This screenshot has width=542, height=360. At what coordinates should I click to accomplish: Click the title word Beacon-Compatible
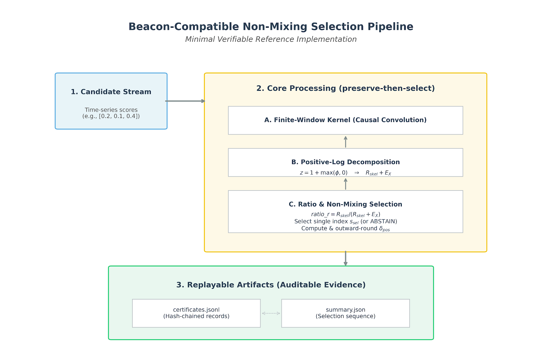(184, 27)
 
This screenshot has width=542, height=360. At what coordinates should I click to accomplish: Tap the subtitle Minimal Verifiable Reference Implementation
(271, 39)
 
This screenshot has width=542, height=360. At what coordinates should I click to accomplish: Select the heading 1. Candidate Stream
(111, 92)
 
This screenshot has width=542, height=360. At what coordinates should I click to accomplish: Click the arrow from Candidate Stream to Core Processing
(185, 101)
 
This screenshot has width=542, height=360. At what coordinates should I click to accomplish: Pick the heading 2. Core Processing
(345, 88)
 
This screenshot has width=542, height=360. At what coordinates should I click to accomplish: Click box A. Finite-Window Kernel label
(345, 120)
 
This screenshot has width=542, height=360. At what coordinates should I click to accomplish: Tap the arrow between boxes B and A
(346, 142)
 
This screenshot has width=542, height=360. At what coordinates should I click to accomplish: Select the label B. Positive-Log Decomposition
(346, 162)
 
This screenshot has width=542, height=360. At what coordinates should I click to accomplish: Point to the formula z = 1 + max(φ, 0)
(324, 173)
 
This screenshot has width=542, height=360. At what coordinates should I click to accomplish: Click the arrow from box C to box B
(346, 184)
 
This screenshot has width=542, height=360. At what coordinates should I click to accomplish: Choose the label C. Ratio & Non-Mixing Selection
(345, 204)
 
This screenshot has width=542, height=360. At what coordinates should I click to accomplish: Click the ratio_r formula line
(346, 214)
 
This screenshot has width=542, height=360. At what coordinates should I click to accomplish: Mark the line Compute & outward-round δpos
(346, 229)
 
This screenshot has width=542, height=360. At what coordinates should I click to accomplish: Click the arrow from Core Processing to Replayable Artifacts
(346, 259)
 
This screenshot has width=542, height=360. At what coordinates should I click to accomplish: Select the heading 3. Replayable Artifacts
(271, 285)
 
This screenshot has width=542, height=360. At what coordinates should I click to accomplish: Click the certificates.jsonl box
(196, 313)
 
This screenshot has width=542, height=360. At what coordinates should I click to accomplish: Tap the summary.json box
(345, 313)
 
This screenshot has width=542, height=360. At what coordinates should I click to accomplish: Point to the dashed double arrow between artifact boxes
(271, 313)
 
